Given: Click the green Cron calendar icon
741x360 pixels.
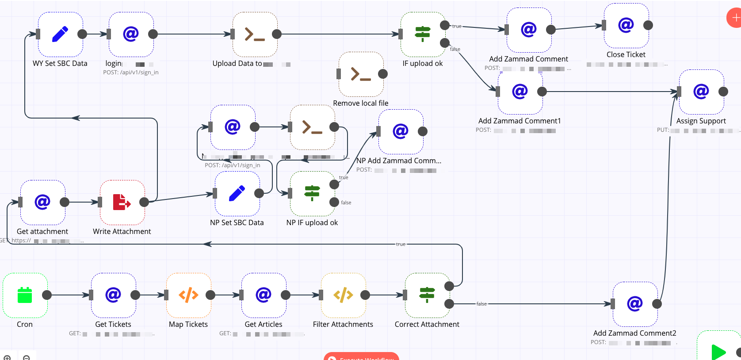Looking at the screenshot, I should click(x=25, y=295).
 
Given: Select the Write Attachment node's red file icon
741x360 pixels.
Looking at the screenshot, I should click(x=122, y=202).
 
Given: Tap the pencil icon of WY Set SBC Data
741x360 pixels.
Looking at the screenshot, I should click(x=60, y=34).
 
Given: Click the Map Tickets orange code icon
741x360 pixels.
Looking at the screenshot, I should click(x=188, y=295).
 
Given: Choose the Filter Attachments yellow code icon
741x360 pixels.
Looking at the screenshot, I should click(x=343, y=295).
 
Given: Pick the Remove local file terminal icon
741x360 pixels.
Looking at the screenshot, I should click(x=361, y=74).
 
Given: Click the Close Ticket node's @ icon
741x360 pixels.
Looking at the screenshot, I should click(x=626, y=25).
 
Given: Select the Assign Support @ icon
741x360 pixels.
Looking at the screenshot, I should click(x=701, y=92).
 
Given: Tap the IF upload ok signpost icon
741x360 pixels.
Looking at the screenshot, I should click(x=423, y=34).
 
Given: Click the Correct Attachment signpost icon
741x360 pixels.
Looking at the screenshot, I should click(x=427, y=295).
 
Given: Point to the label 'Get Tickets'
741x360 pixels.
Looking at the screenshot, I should click(x=113, y=324).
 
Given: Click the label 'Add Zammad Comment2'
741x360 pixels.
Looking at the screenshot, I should click(x=634, y=333).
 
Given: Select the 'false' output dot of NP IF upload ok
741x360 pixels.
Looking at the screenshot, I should click(x=334, y=202).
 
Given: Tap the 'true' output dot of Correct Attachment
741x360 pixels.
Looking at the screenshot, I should click(x=449, y=286).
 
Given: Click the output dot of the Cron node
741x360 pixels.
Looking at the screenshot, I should click(x=47, y=295).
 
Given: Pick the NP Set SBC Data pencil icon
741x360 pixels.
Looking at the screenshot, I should click(x=237, y=193).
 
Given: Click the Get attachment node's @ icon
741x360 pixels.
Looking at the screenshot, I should click(x=42, y=202).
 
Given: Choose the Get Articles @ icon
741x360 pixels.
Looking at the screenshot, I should click(x=264, y=295).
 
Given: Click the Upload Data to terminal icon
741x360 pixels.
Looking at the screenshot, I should click(x=255, y=34).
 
